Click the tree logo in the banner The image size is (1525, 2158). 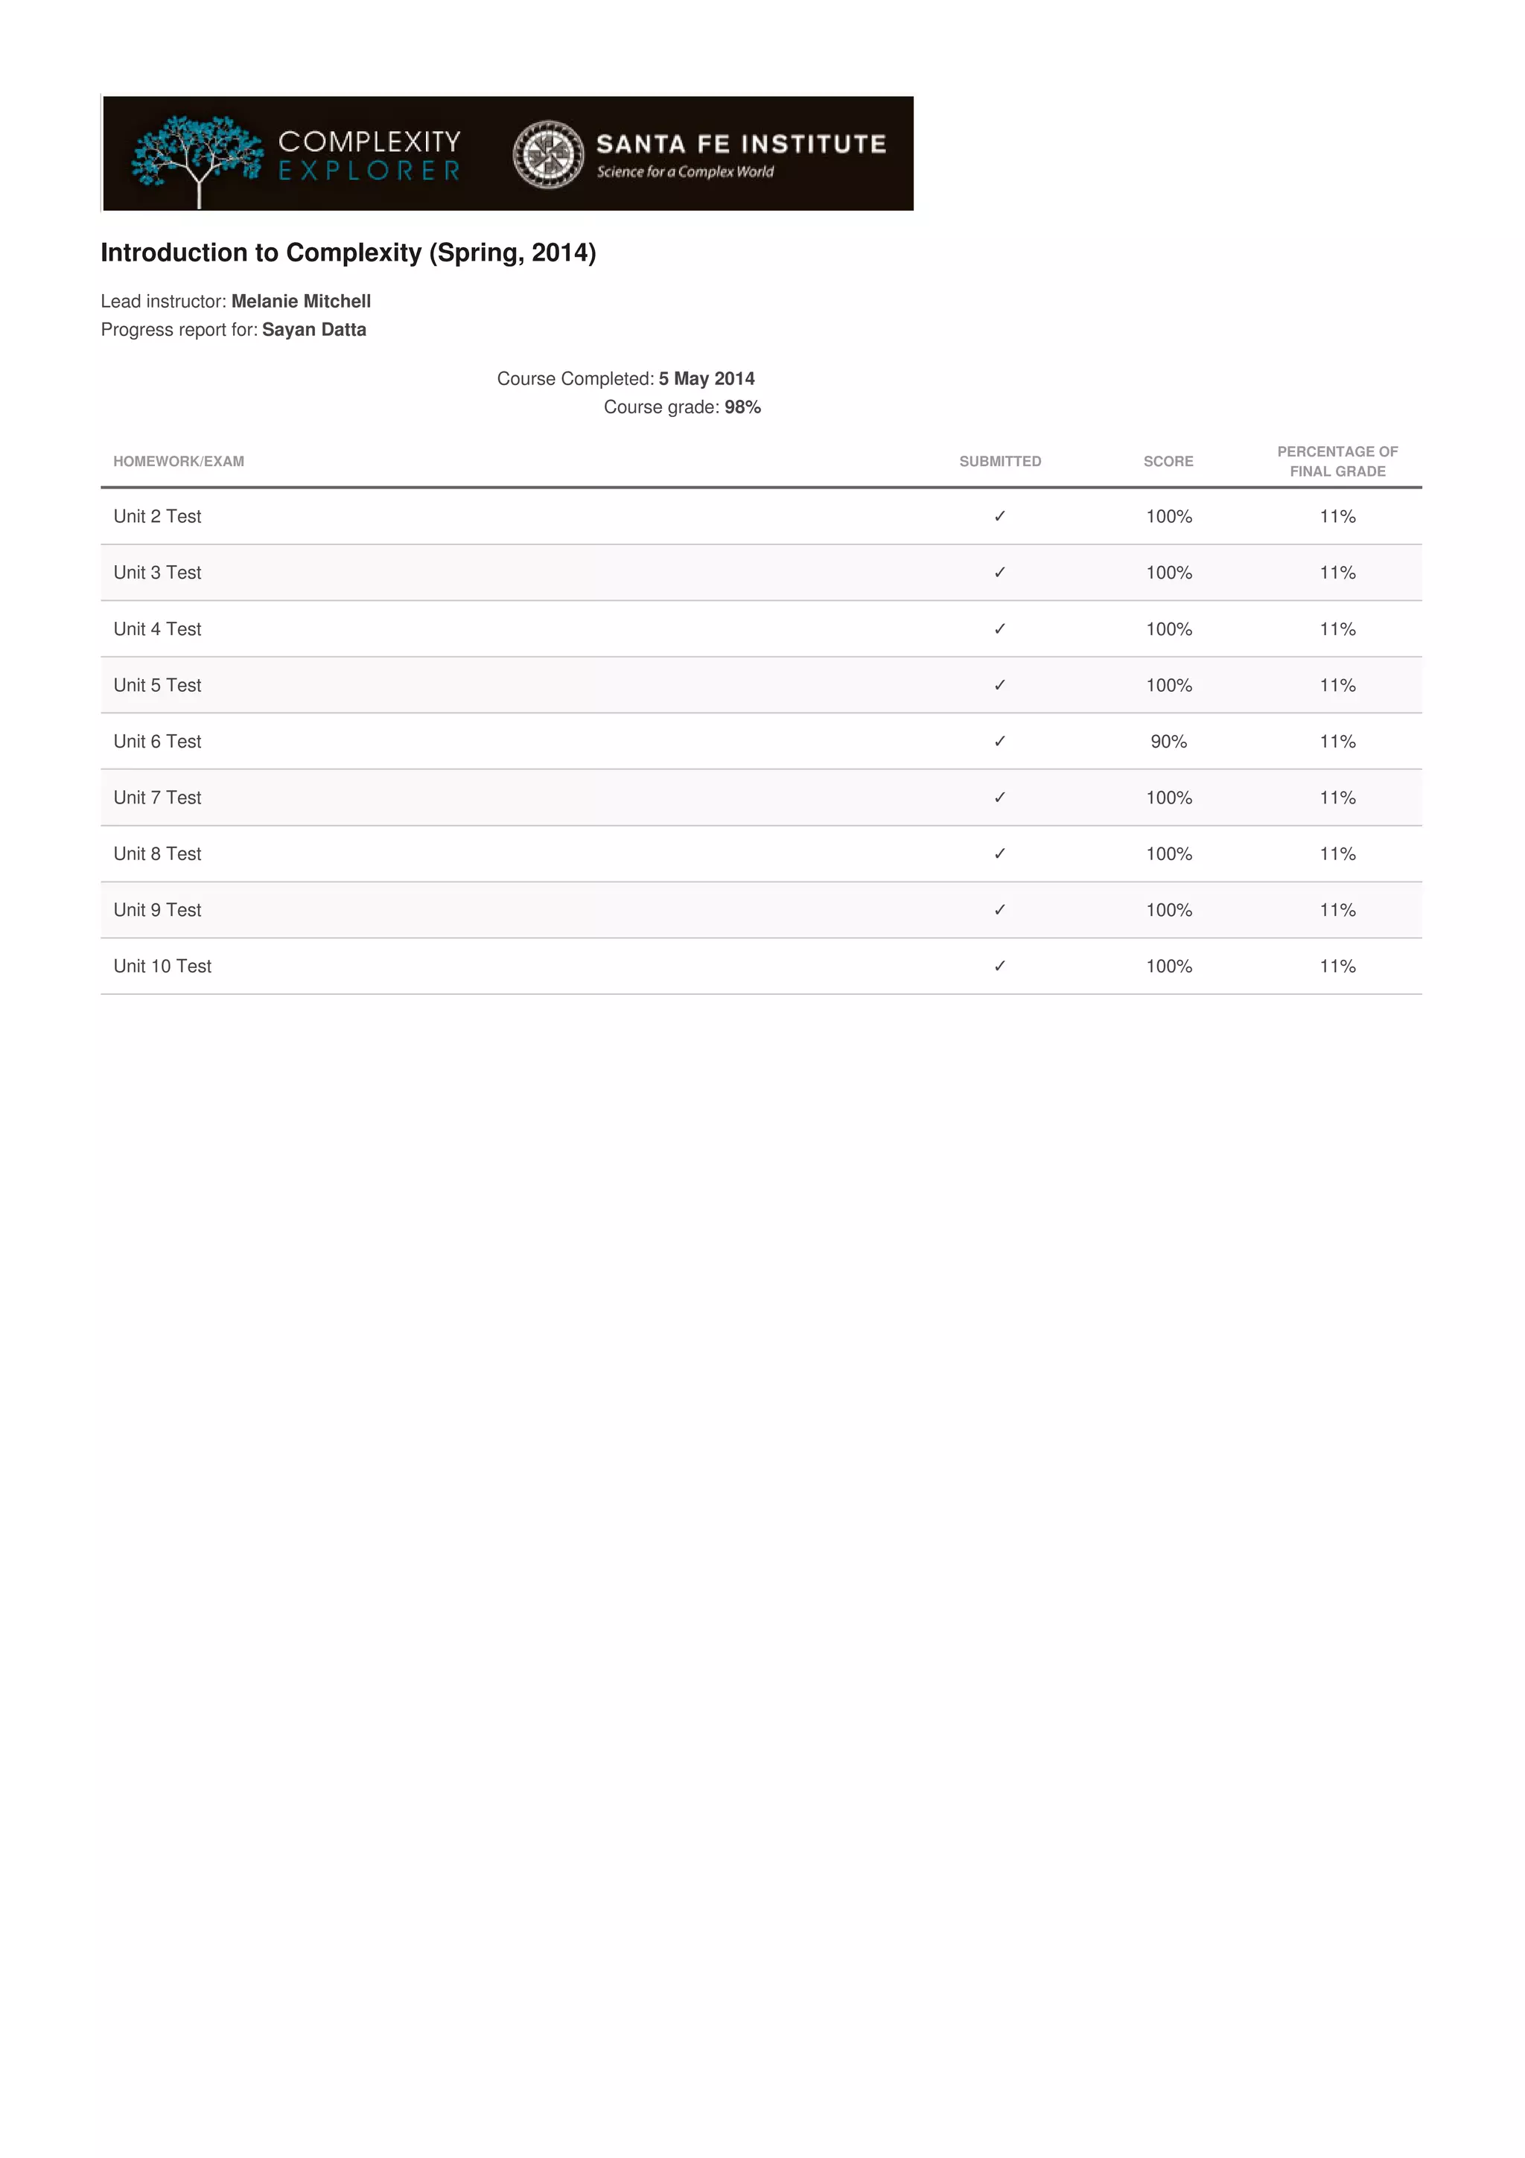pyautogui.click(x=197, y=155)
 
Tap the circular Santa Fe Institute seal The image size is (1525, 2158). pyautogui.click(x=548, y=154)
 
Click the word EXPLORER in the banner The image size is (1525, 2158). pyautogui.click(x=369, y=171)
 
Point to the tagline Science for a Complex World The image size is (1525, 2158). pyautogui.click(x=685, y=172)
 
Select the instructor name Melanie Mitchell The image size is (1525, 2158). pyautogui.click(x=301, y=302)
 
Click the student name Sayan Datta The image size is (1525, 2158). pyautogui.click(x=313, y=330)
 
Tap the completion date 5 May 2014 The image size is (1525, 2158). pyautogui.click(x=707, y=379)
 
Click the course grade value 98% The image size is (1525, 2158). pyautogui.click(x=742, y=407)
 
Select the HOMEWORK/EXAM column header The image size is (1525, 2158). pyautogui.click(x=179, y=462)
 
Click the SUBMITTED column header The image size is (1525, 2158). pyautogui.click(x=1000, y=462)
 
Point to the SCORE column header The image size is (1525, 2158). pyautogui.click(x=1168, y=462)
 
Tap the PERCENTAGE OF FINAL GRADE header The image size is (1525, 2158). pyautogui.click(x=1337, y=462)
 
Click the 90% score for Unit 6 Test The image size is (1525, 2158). pyautogui.click(x=1168, y=742)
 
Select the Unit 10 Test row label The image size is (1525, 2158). pyautogui.click(x=162, y=967)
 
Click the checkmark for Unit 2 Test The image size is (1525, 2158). pyautogui.click(x=1000, y=516)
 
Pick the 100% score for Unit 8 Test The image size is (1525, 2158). pyautogui.click(x=1168, y=854)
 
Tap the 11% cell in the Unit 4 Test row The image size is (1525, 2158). pyautogui.click(x=1337, y=628)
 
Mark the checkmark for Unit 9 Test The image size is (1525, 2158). pyautogui.click(x=1000, y=910)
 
